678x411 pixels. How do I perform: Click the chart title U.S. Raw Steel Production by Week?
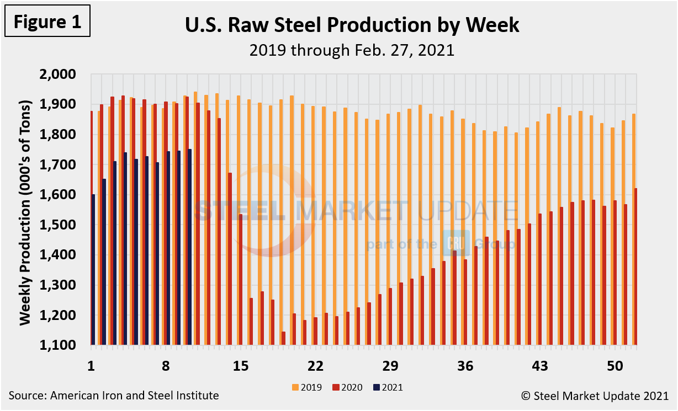coord(352,25)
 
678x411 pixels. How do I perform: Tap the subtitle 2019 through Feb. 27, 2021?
coord(352,50)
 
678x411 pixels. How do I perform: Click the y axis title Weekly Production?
coord(25,210)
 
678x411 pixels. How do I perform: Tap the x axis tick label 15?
coord(240,366)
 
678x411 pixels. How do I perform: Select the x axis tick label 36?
coord(465,366)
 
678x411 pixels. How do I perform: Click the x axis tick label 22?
coord(315,366)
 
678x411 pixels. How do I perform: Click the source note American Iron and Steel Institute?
coord(114,396)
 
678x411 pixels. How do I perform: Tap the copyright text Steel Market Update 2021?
coord(595,396)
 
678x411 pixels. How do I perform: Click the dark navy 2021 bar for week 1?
coord(94,270)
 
